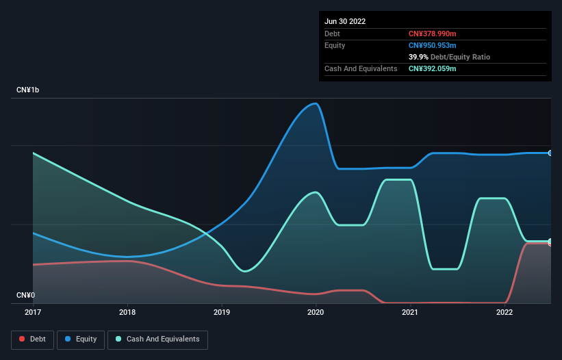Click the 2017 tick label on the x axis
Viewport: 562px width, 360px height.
tap(33, 312)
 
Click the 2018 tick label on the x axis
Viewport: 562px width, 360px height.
tap(127, 312)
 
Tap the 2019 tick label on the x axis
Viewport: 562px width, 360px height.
tap(222, 312)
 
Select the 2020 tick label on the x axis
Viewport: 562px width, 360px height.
tap(316, 312)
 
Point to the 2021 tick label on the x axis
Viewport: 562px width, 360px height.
tap(410, 312)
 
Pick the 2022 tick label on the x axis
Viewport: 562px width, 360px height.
tap(504, 312)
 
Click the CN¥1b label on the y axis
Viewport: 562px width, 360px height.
tap(28, 90)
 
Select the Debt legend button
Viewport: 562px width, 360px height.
tap(32, 339)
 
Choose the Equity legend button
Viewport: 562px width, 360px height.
tap(81, 339)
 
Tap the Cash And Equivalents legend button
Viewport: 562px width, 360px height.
tap(157, 339)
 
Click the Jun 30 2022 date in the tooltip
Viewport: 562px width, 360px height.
tap(345, 21)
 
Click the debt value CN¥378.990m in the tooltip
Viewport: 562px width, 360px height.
tap(432, 34)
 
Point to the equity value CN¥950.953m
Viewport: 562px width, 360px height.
tap(432, 45)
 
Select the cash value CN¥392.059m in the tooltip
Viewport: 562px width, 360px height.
tap(432, 68)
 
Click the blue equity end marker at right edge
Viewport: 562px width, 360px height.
tap(550, 153)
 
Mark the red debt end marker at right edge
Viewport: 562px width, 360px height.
tap(550, 243)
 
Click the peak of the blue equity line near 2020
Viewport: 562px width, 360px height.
tap(315, 103)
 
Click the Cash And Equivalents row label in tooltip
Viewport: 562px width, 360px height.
tap(361, 68)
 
